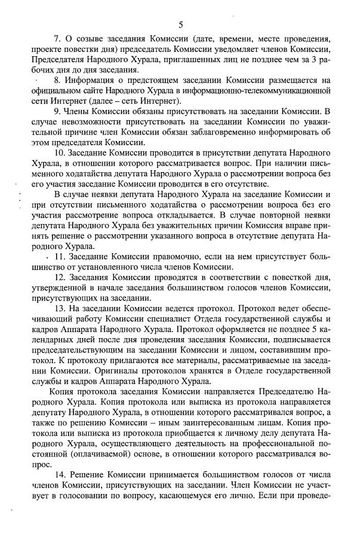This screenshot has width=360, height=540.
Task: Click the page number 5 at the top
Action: coord(180,24)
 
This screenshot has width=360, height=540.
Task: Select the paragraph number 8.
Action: coord(56,80)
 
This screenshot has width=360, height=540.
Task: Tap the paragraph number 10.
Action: coord(59,154)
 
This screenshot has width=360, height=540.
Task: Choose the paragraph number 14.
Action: coord(59,474)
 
